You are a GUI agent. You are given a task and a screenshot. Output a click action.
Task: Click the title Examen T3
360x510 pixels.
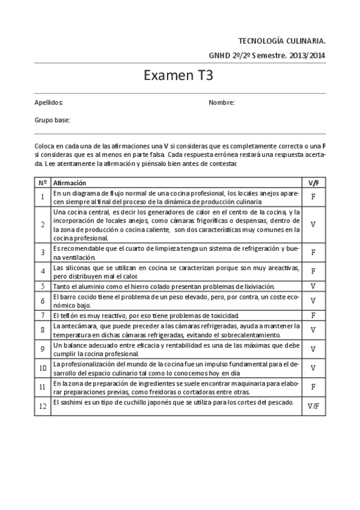(179, 76)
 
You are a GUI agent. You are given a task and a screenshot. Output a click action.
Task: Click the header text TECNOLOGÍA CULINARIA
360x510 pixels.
(282, 41)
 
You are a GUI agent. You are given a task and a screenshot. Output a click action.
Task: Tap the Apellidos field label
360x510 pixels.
(49, 103)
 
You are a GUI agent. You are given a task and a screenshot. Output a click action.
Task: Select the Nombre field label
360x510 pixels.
(222, 103)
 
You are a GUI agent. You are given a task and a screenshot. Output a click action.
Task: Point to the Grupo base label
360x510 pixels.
(52, 120)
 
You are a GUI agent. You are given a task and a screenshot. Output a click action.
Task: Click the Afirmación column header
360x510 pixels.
(70, 182)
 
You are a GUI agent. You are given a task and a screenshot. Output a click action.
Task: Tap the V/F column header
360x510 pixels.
(313, 182)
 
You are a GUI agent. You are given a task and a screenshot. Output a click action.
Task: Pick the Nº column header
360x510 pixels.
(43, 182)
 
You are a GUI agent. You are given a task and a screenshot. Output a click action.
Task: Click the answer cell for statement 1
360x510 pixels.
(313, 197)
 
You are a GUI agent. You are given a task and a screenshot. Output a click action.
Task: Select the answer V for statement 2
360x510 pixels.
(313, 224)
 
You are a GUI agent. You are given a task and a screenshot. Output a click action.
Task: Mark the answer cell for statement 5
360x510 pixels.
(313, 286)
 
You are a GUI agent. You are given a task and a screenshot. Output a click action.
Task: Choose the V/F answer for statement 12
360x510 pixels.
(313, 406)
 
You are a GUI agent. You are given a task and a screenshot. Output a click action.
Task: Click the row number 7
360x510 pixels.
(43, 315)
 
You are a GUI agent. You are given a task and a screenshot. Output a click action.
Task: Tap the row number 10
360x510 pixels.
(43, 368)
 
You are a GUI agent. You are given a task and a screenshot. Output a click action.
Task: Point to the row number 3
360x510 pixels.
(43, 253)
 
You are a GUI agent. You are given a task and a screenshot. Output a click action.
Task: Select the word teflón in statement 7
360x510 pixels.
(67, 315)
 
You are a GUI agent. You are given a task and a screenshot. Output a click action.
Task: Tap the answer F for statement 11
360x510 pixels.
(313, 387)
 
